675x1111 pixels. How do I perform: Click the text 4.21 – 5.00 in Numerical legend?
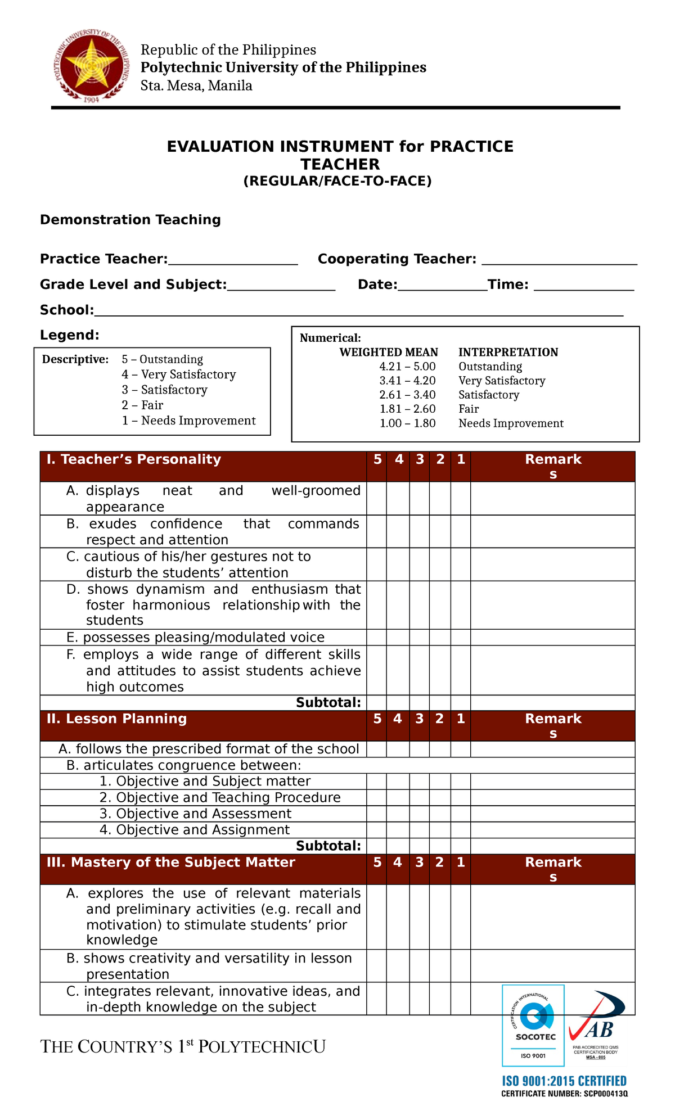(x=407, y=367)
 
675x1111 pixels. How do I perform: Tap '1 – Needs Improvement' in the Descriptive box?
(x=188, y=421)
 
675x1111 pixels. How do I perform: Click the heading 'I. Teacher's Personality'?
(x=134, y=459)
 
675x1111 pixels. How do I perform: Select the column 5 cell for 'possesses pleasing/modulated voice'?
(x=377, y=637)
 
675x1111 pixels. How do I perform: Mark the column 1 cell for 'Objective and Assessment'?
(x=460, y=814)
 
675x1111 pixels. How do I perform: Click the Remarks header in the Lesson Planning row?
(x=552, y=725)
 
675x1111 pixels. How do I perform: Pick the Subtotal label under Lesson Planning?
(x=328, y=846)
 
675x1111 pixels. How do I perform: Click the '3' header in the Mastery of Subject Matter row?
(x=419, y=862)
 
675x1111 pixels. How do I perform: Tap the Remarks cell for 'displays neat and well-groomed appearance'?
(x=552, y=498)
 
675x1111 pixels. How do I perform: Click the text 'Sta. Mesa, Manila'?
(x=196, y=86)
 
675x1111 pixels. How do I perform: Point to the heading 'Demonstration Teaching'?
(x=130, y=220)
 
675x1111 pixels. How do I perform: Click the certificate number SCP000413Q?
(x=564, y=1094)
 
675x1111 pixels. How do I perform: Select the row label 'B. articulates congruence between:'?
(x=183, y=765)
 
